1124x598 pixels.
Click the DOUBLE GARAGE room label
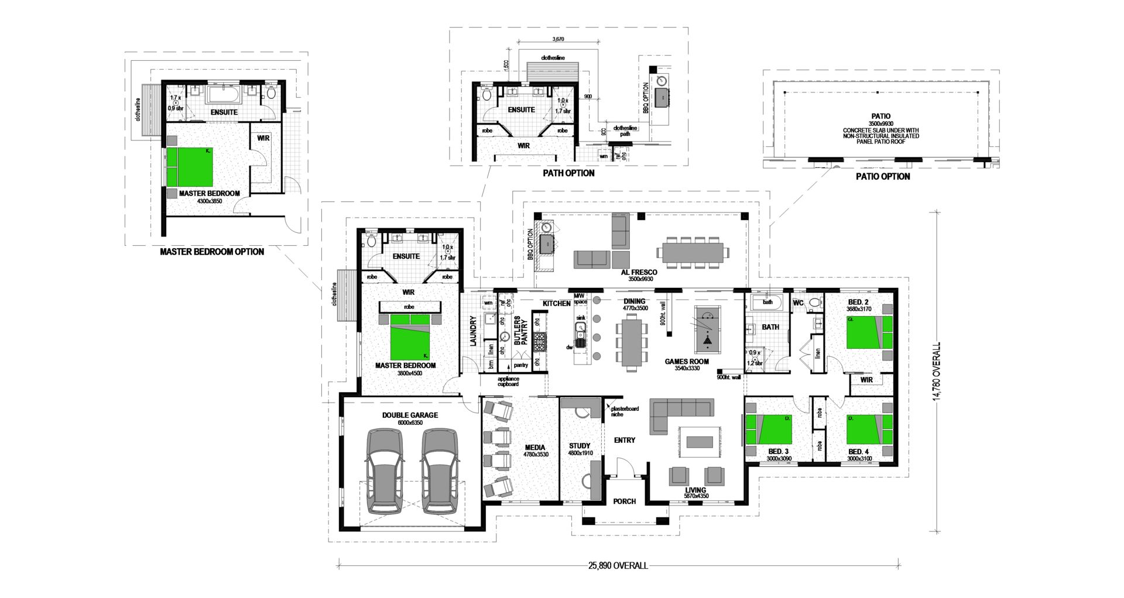[410, 415]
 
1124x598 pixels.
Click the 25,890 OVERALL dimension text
[618, 566]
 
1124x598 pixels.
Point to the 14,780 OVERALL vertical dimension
[938, 372]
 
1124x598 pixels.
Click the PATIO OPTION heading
[883, 176]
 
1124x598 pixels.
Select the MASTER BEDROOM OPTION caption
[211, 252]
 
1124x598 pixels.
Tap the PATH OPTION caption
[568, 173]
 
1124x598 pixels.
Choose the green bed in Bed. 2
[869, 332]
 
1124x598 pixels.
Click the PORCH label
[624, 501]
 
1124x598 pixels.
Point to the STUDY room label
[580, 445]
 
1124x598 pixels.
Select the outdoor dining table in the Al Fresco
[691, 252]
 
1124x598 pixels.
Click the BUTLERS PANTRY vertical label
[521, 331]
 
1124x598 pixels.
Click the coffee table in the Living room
[699, 440]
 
